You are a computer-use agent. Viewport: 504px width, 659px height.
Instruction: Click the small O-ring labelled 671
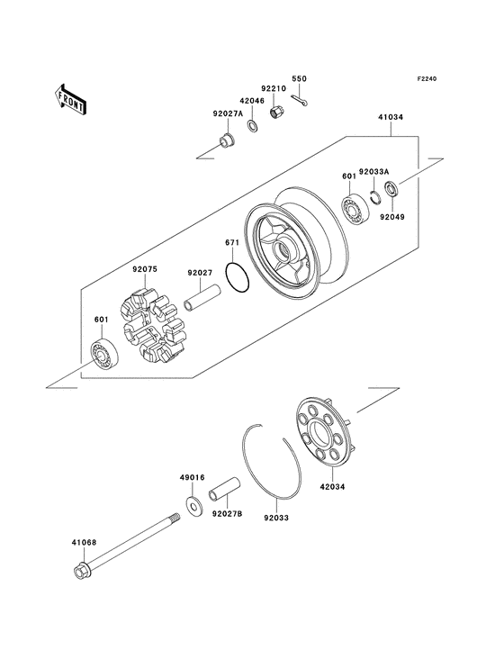click(x=238, y=279)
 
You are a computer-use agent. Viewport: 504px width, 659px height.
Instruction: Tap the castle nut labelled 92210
click(x=280, y=113)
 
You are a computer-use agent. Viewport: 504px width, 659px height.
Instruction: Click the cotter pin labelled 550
click(x=302, y=101)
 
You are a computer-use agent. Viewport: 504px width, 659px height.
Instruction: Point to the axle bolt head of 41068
click(x=78, y=573)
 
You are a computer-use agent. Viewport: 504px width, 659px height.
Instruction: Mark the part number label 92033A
click(x=373, y=171)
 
